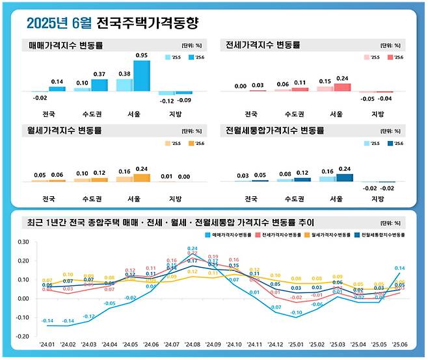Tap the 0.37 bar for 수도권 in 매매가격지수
[100, 86]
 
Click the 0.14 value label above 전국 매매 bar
[57, 81]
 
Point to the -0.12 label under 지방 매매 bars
[166, 101]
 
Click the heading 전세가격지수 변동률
[263, 45]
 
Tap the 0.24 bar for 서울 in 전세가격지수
[342, 87]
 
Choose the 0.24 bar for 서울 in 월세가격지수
[141, 177]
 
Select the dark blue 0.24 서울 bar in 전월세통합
[344, 177]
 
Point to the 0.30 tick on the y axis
[23, 242]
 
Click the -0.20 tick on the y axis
[23, 337]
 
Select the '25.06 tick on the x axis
[399, 345]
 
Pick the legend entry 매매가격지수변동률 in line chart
[228, 233]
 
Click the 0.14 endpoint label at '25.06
[399, 268]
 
